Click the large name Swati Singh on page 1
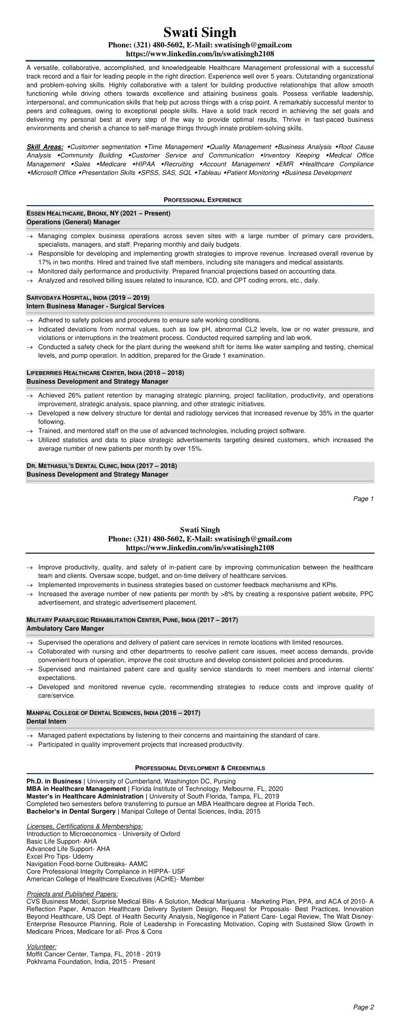199,32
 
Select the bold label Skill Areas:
45,147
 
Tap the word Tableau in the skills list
209,172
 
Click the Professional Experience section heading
199,200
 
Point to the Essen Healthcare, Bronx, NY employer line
98,213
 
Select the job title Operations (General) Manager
73,222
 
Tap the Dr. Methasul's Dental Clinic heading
102,465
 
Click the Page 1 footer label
364,499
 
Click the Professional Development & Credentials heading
199,768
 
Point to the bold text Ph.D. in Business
54,781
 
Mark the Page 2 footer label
364,1021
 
